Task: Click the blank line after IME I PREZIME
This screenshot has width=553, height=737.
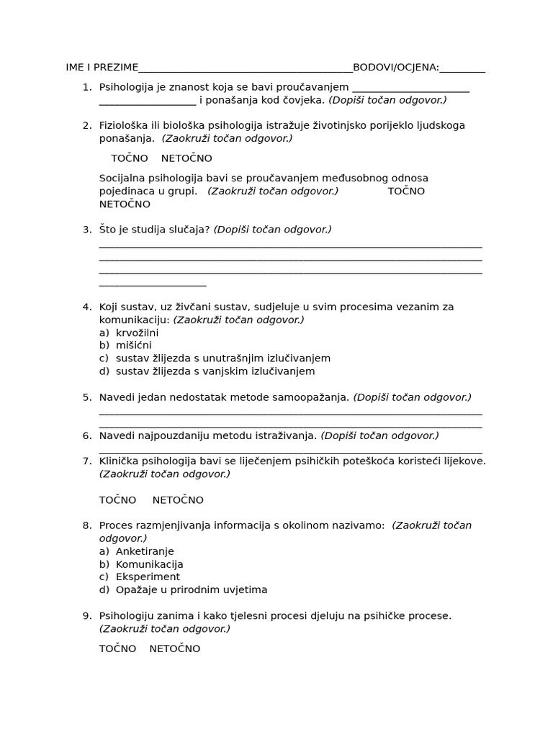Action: point(245,69)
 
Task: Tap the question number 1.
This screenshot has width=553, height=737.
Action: point(86,87)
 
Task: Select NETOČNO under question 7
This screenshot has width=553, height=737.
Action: point(178,500)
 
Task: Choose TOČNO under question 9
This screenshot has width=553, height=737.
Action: point(117,648)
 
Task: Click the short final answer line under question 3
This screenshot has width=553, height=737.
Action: point(153,285)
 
